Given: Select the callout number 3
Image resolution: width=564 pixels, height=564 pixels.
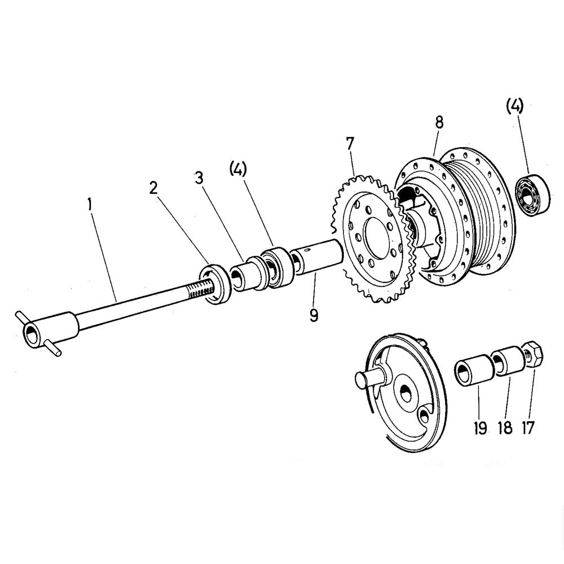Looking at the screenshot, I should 198,178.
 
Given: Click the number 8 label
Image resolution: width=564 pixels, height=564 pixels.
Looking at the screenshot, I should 439,122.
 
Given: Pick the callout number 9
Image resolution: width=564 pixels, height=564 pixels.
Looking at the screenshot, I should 314,315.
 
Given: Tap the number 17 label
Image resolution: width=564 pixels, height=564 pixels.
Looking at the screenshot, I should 528,427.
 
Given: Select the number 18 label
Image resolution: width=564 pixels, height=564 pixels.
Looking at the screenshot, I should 505,427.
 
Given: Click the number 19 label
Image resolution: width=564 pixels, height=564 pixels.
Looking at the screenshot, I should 480,427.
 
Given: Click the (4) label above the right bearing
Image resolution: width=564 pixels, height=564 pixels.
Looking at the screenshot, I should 514,105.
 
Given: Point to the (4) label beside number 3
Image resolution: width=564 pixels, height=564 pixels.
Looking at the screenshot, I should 238,169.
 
